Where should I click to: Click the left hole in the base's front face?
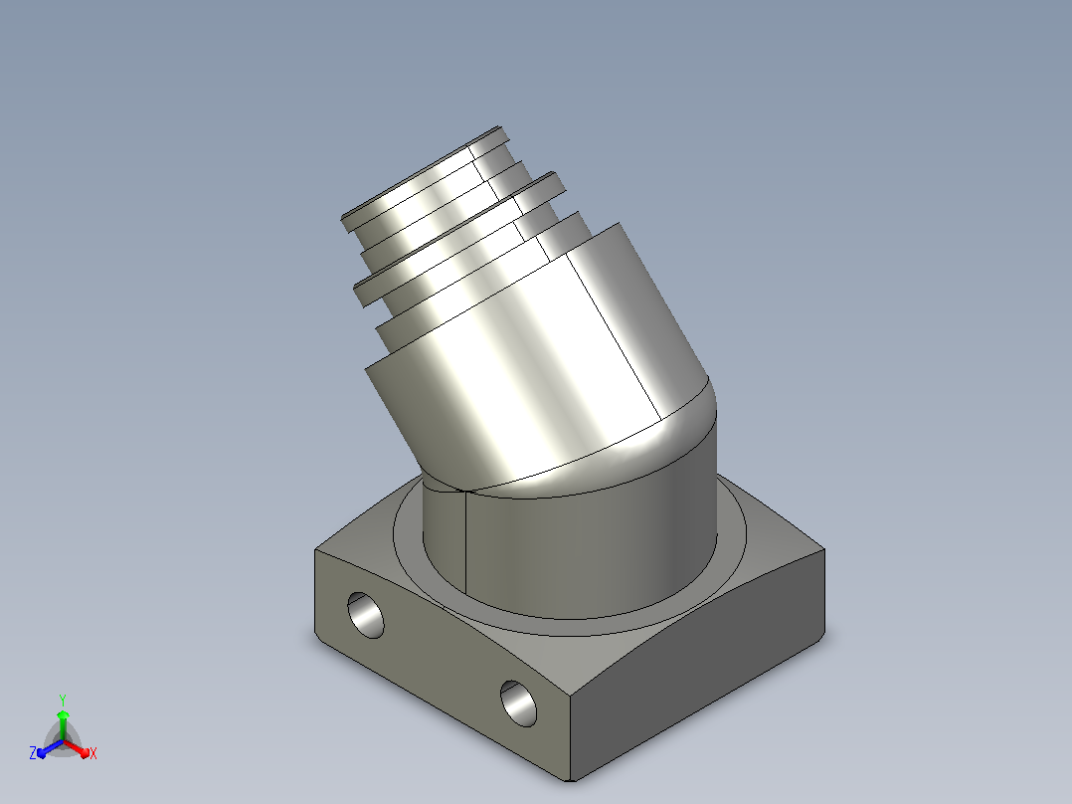click(x=366, y=615)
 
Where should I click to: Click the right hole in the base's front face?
click(x=519, y=703)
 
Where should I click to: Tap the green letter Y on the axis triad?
click(x=63, y=700)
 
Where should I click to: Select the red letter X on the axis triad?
click(x=93, y=753)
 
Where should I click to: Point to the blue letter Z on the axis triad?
click(x=33, y=753)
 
